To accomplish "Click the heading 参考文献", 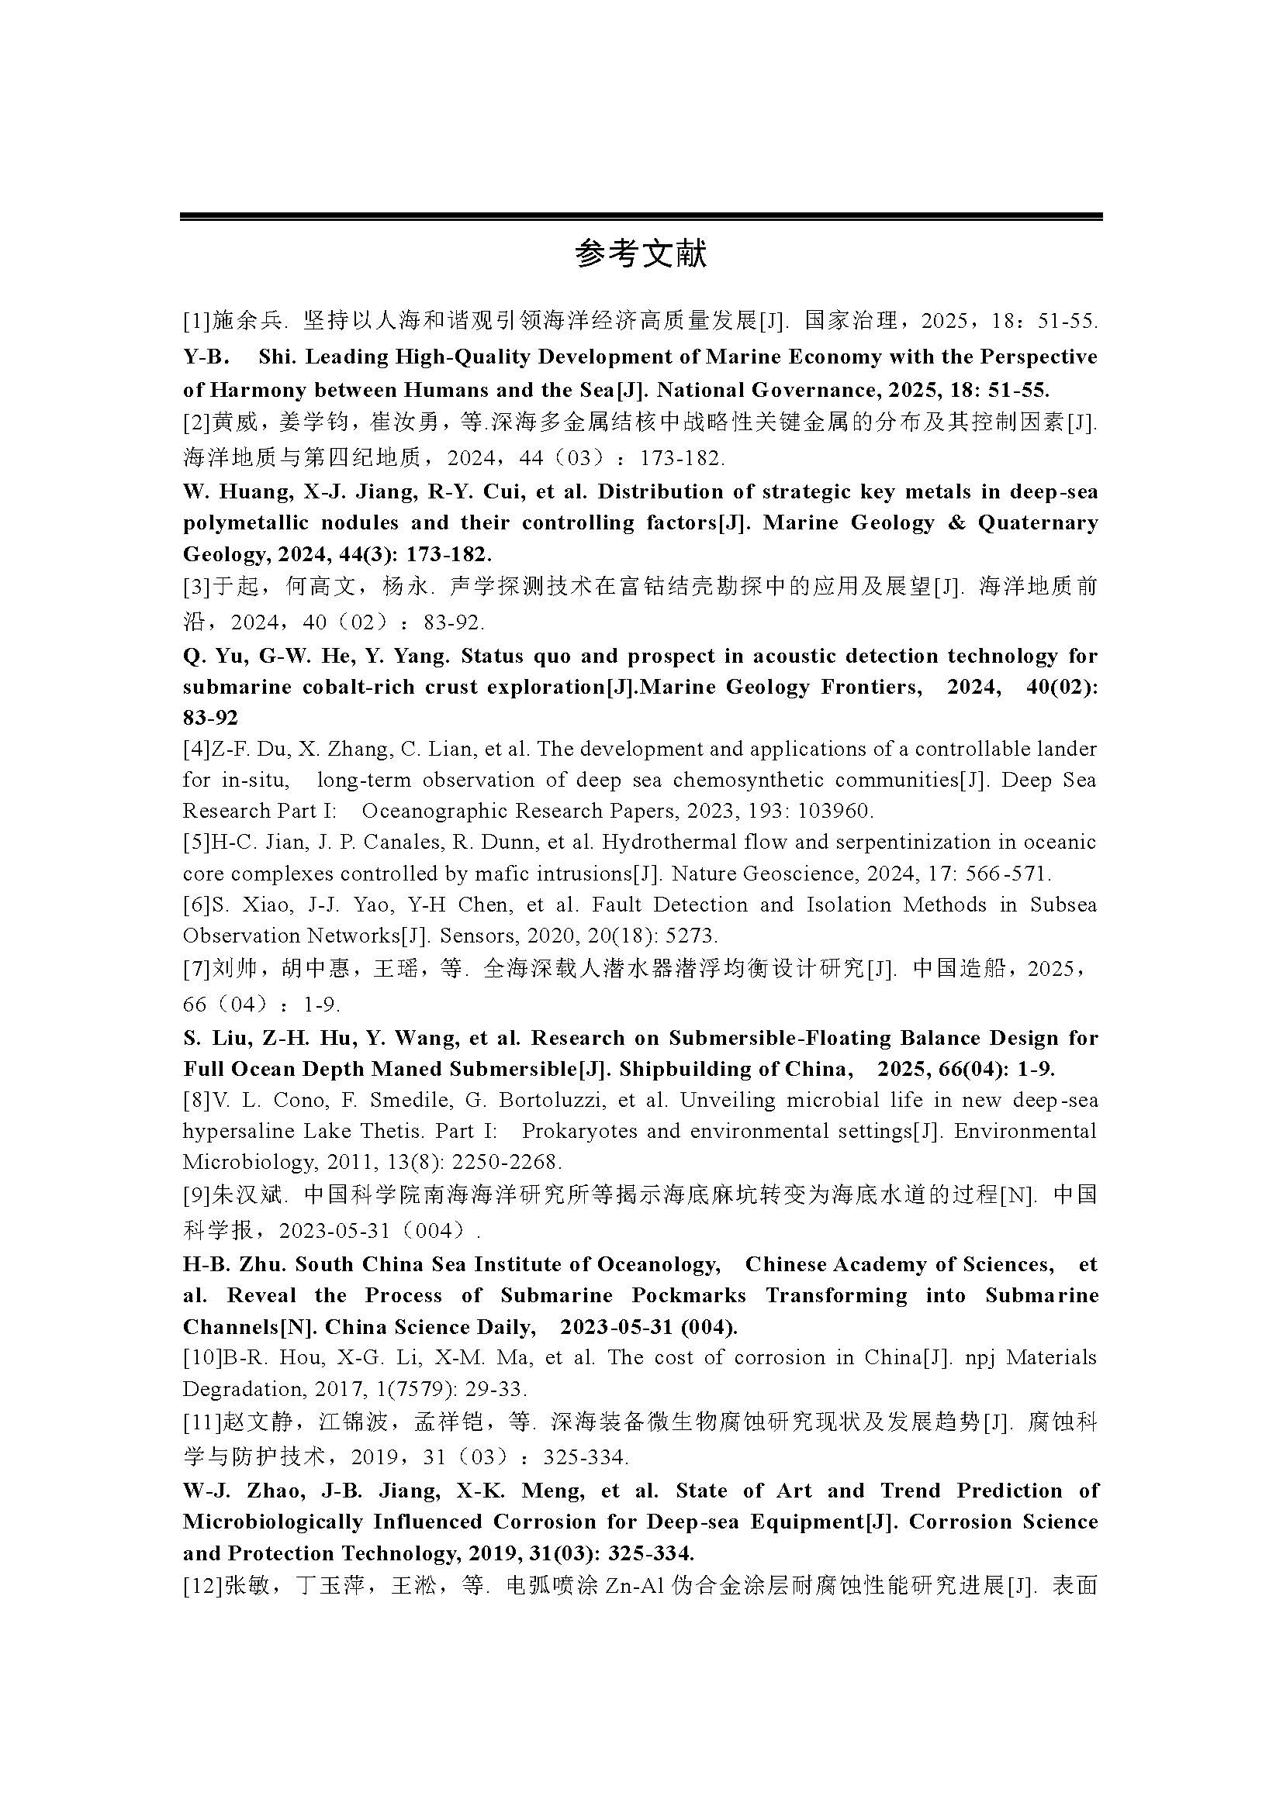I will pos(641,254).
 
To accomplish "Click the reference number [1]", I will pos(196,322).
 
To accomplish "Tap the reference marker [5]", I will pos(196,842).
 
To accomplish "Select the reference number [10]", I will pos(202,1357).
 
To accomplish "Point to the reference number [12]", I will pos(202,1585).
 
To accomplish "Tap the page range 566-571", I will pos(1009,874).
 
